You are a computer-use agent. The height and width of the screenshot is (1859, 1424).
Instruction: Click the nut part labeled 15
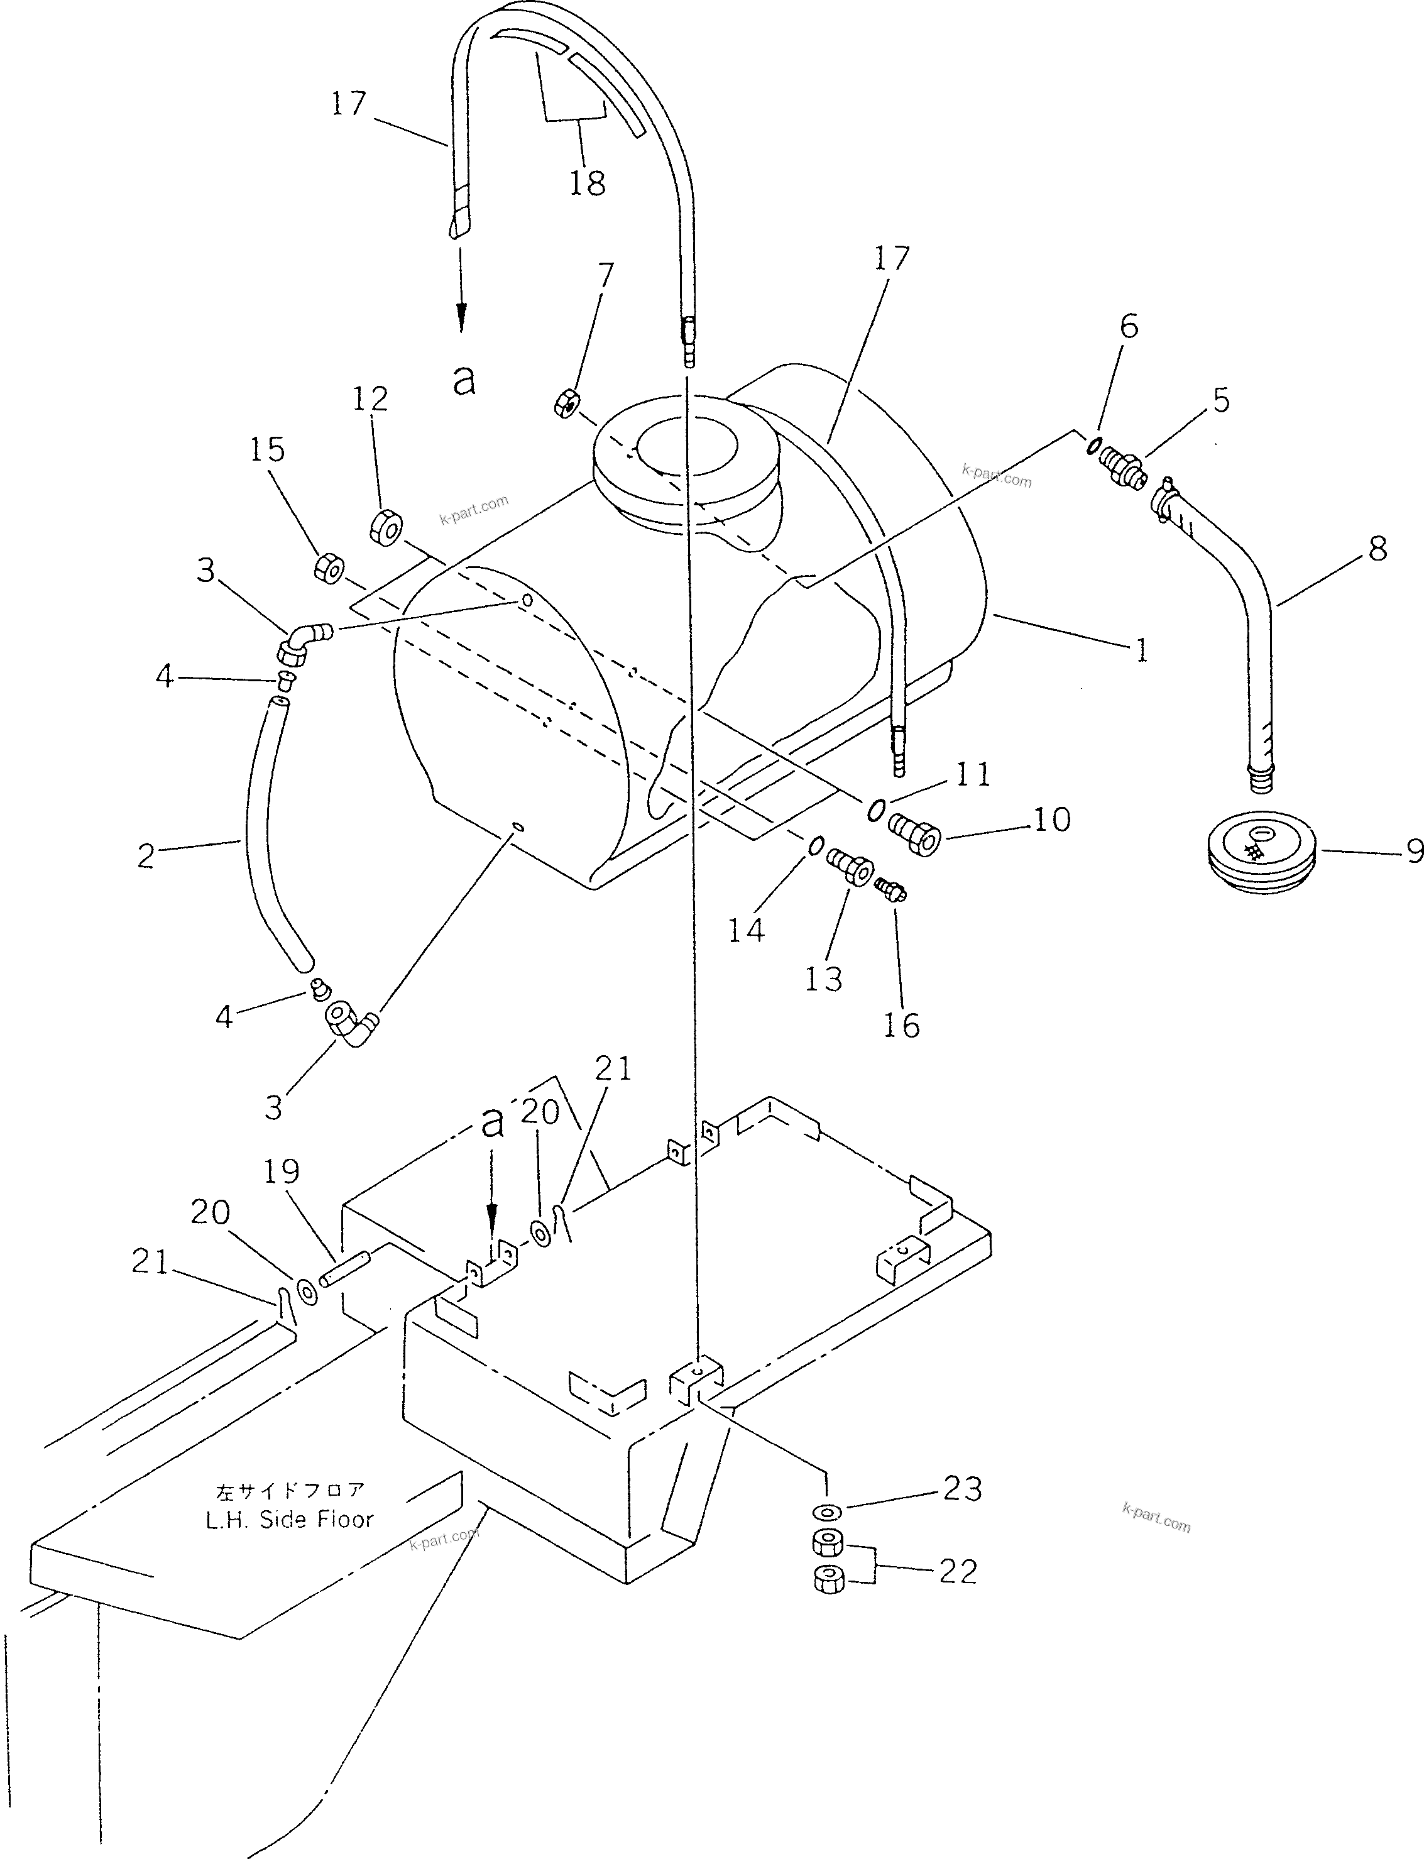tap(328, 568)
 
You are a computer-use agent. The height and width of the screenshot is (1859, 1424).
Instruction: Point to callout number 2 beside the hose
tap(146, 856)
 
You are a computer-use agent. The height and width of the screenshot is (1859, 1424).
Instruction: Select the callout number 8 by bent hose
tap(1377, 549)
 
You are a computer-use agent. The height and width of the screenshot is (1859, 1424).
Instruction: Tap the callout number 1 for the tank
tap(1142, 650)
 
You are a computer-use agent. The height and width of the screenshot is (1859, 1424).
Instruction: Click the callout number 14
tap(746, 931)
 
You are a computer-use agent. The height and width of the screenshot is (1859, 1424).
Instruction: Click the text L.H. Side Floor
tap(289, 1519)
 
